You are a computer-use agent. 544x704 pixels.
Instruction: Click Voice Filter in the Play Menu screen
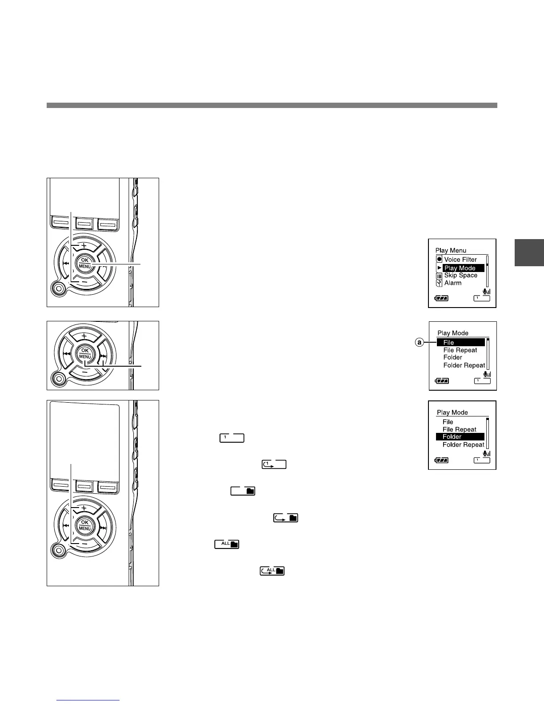coord(460,260)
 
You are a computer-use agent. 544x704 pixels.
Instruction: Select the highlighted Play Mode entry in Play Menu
coord(460,268)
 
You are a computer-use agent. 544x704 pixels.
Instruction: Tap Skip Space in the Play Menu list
coord(460,276)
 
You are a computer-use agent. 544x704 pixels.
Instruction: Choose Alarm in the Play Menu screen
coord(453,283)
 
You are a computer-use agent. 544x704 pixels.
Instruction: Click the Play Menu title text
coord(451,251)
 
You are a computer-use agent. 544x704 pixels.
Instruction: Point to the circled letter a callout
coord(419,343)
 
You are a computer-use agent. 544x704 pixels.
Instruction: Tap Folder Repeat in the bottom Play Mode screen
coord(463,444)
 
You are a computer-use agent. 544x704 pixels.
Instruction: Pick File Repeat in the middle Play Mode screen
coord(460,350)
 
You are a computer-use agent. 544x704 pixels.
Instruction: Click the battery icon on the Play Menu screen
coord(442,298)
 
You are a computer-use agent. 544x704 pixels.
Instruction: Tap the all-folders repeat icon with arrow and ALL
coord(272,571)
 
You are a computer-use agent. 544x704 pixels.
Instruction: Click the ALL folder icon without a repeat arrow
coord(227,544)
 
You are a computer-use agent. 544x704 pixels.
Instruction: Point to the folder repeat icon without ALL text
coord(285,518)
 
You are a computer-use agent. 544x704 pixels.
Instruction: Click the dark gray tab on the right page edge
coord(529,252)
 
